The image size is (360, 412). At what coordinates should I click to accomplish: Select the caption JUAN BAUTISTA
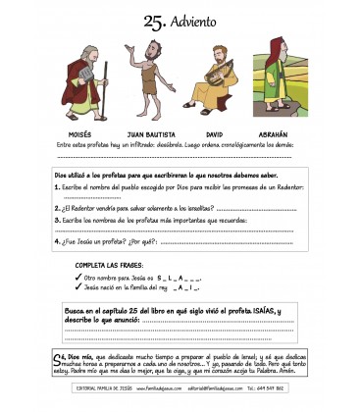click(146, 131)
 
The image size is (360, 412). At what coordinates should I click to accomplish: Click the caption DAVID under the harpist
click(215, 131)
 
